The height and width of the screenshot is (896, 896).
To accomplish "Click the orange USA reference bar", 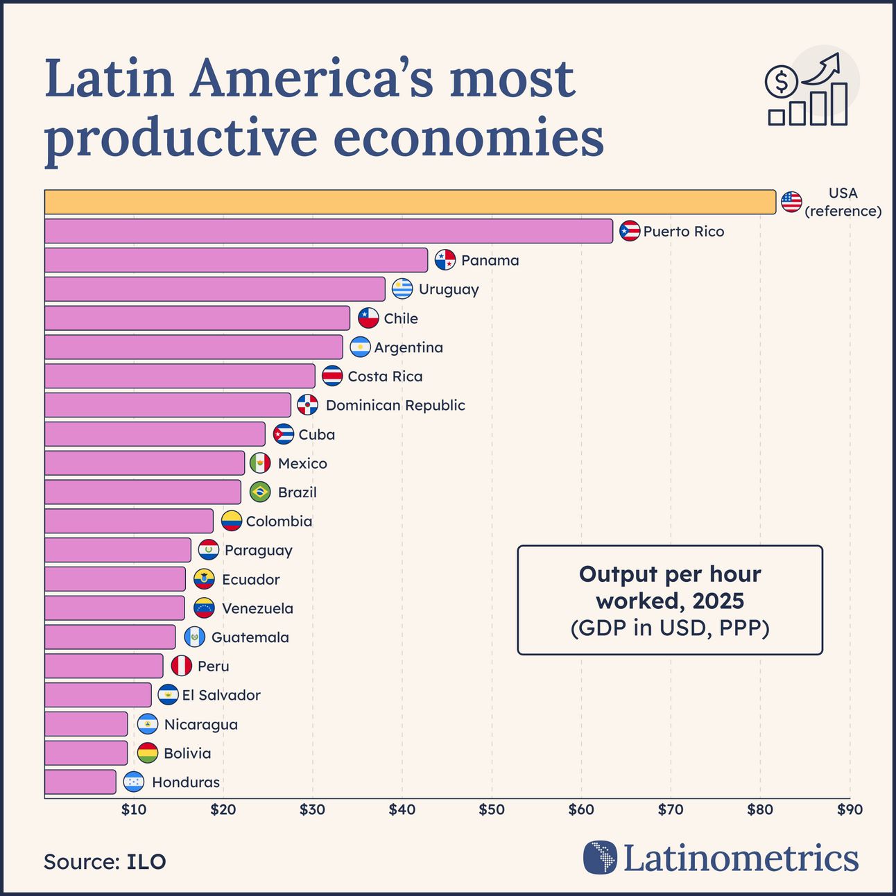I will tap(409, 202).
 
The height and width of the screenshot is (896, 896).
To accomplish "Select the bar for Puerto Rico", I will tap(328, 231).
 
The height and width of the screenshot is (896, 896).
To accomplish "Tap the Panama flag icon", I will tap(445, 260).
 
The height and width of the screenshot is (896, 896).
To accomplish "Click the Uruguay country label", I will tap(448, 289).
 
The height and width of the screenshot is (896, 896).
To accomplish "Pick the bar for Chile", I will tap(197, 318).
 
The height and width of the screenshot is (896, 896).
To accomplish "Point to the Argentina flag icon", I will tap(360, 347).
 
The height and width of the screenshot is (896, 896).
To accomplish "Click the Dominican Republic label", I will tap(395, 405).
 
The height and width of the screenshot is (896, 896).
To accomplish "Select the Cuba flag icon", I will tap(283, 434).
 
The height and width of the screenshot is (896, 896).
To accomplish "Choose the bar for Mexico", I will tap(144, 463).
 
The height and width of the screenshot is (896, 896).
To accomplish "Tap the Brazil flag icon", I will tap(260, 492).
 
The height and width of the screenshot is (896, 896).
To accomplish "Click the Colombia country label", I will tap(279, 521).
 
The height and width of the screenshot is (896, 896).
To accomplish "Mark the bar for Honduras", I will tap(80, 782).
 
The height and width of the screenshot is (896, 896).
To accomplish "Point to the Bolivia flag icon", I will tap(148, 753).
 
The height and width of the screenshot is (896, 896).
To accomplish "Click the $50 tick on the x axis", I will tap(492, 809).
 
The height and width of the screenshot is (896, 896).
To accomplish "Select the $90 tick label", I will tap(850, 809).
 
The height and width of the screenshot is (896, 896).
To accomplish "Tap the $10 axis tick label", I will tap(134, 809).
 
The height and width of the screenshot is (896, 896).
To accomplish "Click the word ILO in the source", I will tap(146, 861).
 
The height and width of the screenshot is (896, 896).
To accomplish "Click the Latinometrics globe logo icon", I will tap(600, 857).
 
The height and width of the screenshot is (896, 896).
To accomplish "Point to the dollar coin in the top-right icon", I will tap(782, 83).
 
